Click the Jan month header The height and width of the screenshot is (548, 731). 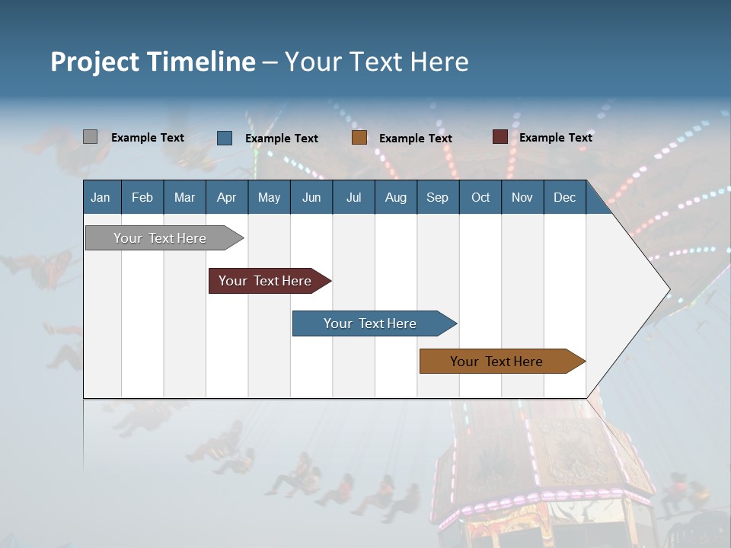click(x=101, y=197)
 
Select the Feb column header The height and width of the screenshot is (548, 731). click(x=142, y=197)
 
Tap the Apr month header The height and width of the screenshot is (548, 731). click(x=226, y=197)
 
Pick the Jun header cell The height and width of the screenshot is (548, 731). click(x=311, y=197)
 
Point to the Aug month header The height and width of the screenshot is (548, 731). click(x=395, y=197)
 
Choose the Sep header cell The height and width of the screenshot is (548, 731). click(x=437, y=197)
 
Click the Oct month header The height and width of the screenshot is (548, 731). click(x=480, y=197)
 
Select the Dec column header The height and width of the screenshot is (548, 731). click(x=564, y=197)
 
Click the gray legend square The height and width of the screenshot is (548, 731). click(x=90, y=137)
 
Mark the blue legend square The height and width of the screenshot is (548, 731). click(x=225, y=138)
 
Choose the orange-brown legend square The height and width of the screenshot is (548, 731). click(x=359, y=138)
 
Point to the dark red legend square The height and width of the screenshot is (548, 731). click(x=500, y=137)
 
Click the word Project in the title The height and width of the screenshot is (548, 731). click(x=96, y=62)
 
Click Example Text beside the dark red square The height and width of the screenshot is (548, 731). click(x=555, y=138)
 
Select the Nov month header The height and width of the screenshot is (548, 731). click(x=522, y=197)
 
